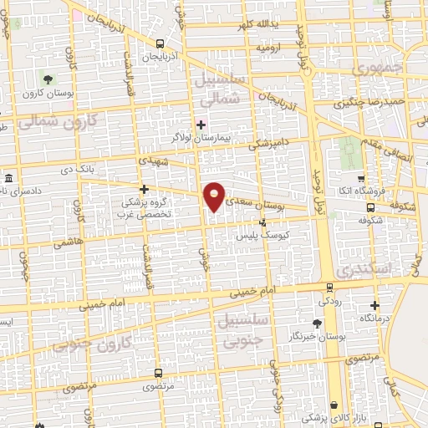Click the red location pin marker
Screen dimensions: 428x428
[215, 197]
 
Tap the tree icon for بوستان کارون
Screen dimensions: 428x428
[48, 80]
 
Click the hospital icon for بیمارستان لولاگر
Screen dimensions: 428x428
[201, 125]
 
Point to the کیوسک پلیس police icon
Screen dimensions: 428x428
[263, 222]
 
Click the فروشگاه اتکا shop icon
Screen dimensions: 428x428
[360, 178]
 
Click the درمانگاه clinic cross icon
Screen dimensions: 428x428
[374, 305]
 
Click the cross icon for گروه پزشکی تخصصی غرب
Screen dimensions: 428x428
[144, 190]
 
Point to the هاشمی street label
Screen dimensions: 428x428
[64, 243]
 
